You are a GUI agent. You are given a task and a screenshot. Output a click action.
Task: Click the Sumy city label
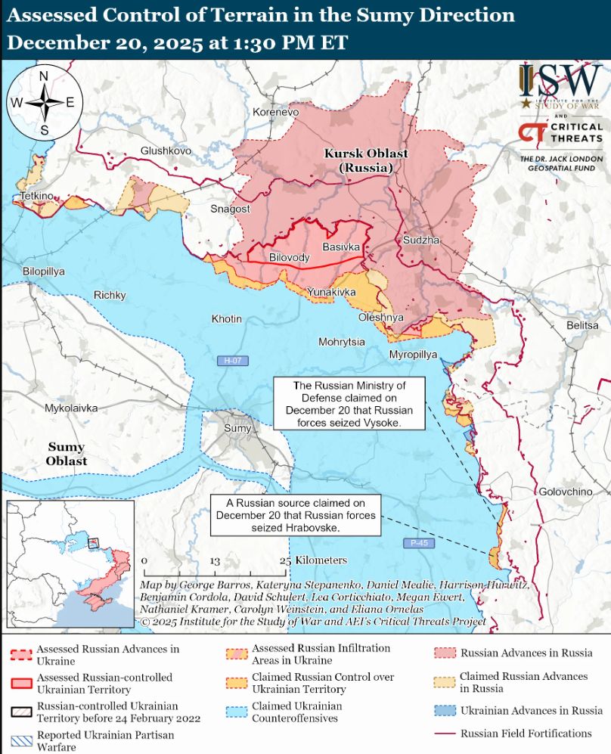[x=237, y=429]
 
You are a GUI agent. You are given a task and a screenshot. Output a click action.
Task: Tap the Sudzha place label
[x=420, y=240]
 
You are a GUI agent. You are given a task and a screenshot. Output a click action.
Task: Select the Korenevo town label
[x=276, y=112]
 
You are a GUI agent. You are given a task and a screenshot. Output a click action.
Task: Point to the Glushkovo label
[x=166, y=150]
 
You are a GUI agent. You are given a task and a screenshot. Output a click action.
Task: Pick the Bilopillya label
[x=44, y=271]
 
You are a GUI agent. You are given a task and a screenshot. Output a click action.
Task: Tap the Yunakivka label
[x=331, y=291]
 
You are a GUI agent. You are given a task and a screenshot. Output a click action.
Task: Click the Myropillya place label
[x=413, y=354]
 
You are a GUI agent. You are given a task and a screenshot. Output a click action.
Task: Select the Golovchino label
[x=566, y=492]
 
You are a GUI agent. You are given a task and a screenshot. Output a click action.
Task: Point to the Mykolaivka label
[x=71, y=408]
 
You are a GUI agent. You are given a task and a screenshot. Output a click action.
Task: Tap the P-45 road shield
[x=417, y=543]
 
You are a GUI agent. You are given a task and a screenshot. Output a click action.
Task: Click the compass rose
[x=44, y=102]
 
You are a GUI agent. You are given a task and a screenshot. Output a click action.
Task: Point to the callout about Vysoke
[x=349, y=405]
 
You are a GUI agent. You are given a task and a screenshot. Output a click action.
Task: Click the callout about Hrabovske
[x=296, y=515]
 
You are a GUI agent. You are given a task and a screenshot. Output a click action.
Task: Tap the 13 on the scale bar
[x=215, y=561]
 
